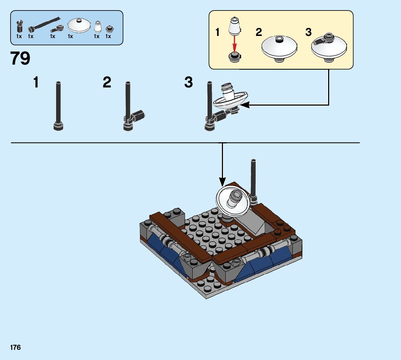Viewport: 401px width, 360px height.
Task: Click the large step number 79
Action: (20, 58)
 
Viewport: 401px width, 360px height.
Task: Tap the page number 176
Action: (15, 348)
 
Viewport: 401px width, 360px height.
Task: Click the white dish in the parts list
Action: (79, 25)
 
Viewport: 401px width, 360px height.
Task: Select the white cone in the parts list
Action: (97, 27)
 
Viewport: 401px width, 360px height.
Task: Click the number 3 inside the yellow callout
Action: (309, 32)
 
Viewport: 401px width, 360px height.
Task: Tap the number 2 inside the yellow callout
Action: (259, 32)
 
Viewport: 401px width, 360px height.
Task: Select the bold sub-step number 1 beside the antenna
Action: (36, 83)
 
